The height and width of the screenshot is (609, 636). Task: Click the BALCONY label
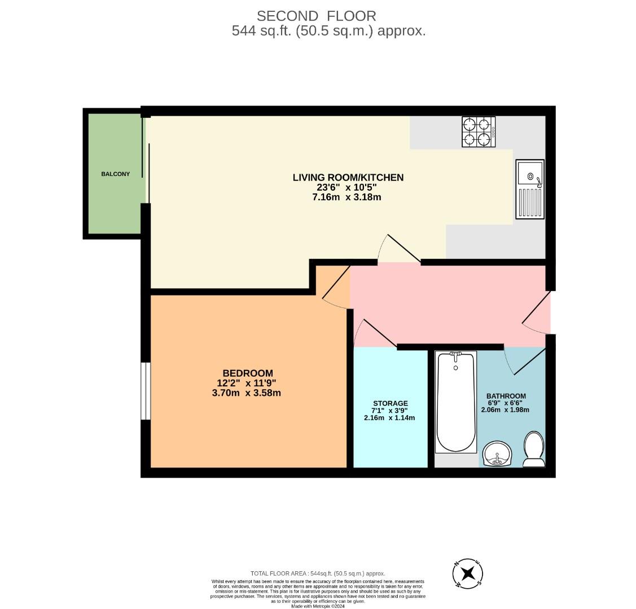[115, 174]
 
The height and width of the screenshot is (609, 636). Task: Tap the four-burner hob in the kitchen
[478, 132]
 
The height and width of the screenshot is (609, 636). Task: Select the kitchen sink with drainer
[530, 189]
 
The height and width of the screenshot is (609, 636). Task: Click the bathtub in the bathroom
[456, 401]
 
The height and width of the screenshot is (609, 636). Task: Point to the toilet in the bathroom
[533, 449]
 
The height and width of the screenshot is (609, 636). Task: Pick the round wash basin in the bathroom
[497, 454]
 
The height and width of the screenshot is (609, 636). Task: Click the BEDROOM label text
[248, 373]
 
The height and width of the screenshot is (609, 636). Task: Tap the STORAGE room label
[390, 404]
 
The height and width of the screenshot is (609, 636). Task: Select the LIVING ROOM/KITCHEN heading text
[348, 178]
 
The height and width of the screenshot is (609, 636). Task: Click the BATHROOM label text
[506, 396]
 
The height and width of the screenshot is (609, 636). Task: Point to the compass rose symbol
[468, 574]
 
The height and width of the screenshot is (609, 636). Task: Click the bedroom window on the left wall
[146, 391]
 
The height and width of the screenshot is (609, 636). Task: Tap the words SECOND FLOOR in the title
[316, 16]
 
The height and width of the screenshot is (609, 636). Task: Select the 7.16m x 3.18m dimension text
[346, 197]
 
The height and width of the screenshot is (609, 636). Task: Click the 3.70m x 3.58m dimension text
[246, 393]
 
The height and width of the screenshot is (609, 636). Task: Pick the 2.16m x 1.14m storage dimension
[389, 418]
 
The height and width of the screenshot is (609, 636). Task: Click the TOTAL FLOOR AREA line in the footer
[318, 573]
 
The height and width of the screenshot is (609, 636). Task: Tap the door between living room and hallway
[400, 249]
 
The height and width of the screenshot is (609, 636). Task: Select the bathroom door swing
[525, 361]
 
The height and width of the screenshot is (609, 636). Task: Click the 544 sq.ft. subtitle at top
[328, 31]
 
